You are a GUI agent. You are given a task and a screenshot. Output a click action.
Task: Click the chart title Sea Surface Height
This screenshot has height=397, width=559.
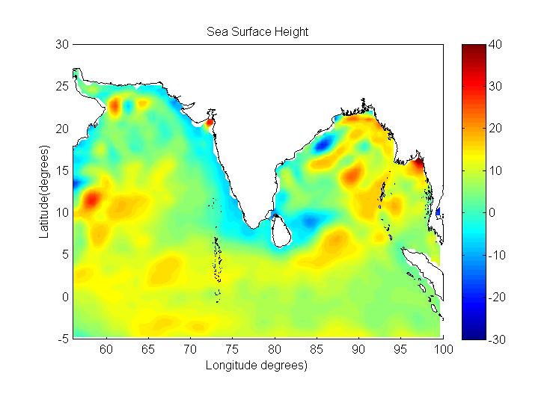(x=257, y=32)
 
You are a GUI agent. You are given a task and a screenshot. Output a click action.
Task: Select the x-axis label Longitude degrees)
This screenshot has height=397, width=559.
(x=257, y=366)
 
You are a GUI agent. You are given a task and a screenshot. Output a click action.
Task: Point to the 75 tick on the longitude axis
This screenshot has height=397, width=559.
(x=233, y=348)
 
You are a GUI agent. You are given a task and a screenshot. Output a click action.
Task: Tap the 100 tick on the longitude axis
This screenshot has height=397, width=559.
(x=443, y=348)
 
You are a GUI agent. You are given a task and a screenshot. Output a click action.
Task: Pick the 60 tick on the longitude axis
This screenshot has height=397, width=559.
(x=106, y=348)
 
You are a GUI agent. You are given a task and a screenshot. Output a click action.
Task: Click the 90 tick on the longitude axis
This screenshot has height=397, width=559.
(x=359, y=348)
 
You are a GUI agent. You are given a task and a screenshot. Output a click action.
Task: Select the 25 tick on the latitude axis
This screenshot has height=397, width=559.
(x=63, y=87)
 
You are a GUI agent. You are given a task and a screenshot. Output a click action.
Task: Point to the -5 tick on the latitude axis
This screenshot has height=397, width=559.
(x=63, y=339)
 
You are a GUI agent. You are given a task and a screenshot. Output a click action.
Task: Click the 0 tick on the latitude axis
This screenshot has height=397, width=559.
(x=66, y=297)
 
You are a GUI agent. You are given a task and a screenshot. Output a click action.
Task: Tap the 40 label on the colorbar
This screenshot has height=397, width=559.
(x=493, y=45)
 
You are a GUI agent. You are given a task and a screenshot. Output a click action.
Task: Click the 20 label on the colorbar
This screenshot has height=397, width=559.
(x=493, y=129)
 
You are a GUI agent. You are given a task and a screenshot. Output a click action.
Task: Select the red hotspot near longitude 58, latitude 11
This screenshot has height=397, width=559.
(x=91, y=200)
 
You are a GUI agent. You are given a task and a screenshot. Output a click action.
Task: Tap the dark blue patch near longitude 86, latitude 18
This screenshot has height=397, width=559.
(x=324, y=144)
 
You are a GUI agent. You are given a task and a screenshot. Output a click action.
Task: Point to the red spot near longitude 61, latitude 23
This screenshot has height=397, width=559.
(x=114, y=105)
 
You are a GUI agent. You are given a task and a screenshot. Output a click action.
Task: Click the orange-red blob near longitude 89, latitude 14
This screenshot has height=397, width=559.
(x=351, y=176)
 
